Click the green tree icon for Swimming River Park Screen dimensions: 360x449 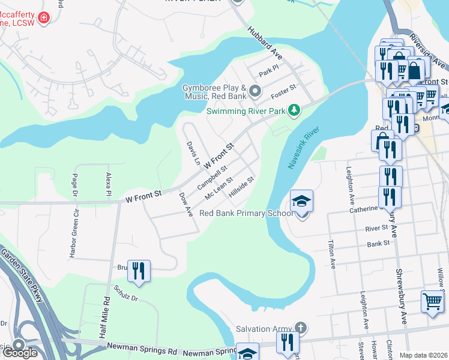pyautogui.click(x=294, y=110)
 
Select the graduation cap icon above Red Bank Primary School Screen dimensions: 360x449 pyautogui.click(x=302, y=200)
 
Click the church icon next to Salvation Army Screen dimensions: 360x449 pyautogui.click(x=301, y=328)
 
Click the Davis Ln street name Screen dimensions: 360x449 pyautogui.click(x=193, y=153)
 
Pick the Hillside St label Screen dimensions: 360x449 pyautogui.click(x=242, y=187)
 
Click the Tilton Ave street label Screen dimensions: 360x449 pyautogui.click(x=331, y=254)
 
